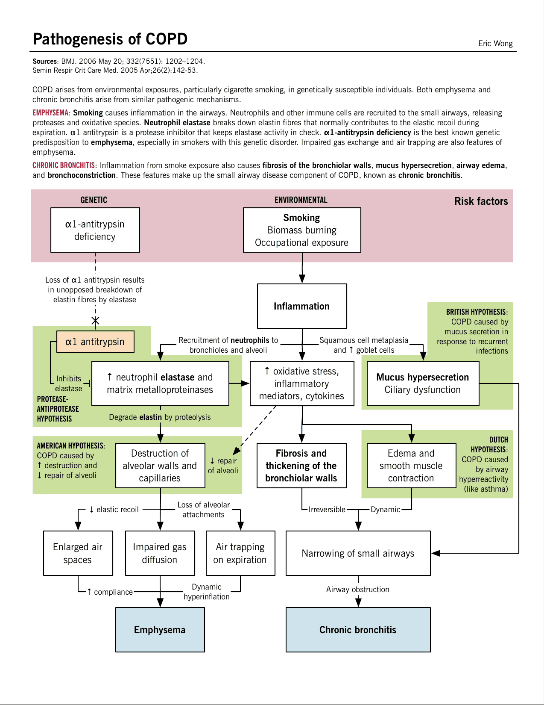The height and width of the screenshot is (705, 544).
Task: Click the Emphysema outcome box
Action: pos(160,629)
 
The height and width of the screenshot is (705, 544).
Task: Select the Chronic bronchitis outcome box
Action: pos(358,629)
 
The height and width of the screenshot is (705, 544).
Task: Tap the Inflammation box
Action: pos(302,306)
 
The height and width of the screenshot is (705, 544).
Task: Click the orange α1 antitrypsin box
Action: pos(95,342)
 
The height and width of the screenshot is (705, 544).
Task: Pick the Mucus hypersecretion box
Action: pos(423,383)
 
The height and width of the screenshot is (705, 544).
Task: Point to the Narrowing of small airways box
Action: pos(358,553)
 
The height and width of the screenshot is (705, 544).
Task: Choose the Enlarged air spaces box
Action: pos(78,553)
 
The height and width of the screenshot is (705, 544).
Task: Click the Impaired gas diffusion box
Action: pos(160,553)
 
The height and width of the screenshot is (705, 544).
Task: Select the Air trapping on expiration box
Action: pos(240,553)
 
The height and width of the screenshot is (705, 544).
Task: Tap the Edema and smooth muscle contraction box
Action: pos(411,466)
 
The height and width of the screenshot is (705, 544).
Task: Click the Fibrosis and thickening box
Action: pos(301,466)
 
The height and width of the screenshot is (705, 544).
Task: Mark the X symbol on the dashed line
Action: pos(95,320)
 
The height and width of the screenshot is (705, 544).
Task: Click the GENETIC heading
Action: pos(94,200)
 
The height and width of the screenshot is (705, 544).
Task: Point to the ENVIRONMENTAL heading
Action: pos(301,200)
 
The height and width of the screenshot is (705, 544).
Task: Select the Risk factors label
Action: pos(481,201)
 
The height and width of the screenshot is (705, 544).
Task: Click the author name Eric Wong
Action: pos(495,43)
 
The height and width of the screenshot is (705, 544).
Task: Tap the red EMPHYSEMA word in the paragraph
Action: pos(50,113)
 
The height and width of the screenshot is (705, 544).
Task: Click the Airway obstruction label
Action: pos(357,589)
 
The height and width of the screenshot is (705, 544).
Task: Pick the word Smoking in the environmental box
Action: pos(301,218)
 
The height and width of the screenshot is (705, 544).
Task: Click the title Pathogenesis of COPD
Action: pos(110,39)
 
